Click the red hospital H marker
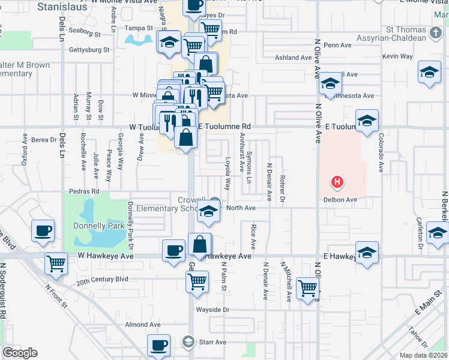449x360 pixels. (x=338, y=181)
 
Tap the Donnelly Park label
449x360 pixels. (x=98, y=226)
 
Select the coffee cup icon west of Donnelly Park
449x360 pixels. (x=43, y=231)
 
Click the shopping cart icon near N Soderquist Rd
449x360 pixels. (x=56, y=263)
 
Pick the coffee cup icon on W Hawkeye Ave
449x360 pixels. (x=173, y=250)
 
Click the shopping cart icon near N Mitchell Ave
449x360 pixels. (x=308, y=289)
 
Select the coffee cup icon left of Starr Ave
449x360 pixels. (x=159, y=345)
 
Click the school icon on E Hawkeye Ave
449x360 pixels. (x=367, y=253)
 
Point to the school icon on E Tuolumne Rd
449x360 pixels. (x=367, y=120)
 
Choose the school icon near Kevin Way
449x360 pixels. (x=429, y=73)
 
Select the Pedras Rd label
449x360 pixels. (x=83, y=191)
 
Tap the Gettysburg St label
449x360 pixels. (x=89, y=50)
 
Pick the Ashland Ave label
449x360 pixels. (x=293, y=58)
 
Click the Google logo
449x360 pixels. (x=20, y=352)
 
